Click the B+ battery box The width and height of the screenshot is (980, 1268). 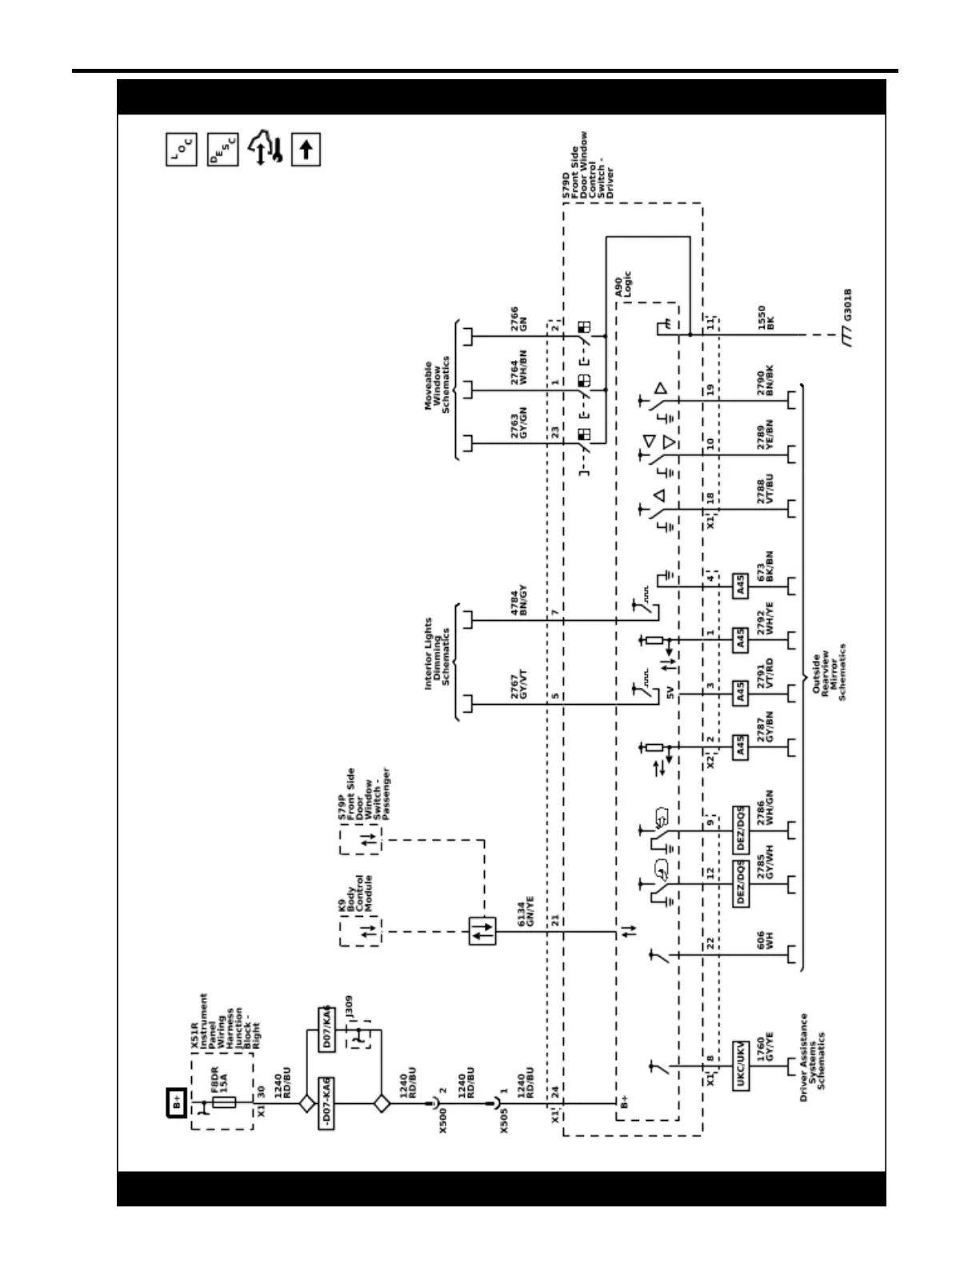177,1102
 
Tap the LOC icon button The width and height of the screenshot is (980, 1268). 181,150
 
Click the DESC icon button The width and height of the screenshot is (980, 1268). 222,150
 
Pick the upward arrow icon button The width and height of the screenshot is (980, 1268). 306,150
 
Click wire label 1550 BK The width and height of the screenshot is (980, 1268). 766,318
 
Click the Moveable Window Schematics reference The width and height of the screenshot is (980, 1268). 437,386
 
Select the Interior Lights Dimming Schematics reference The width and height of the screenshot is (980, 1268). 437,652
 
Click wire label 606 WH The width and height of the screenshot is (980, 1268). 766,940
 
